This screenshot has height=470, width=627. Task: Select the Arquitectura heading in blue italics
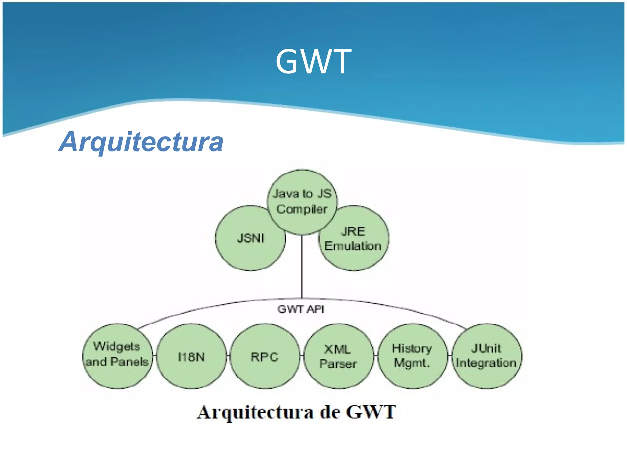pos(141,142)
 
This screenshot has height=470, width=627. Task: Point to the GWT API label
pos(301,309)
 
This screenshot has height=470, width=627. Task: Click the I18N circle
pos(191,357)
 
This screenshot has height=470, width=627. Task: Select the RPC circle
pos(265,357)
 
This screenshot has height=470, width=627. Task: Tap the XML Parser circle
pos(338,357)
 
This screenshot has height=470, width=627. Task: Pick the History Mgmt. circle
pos(412,356)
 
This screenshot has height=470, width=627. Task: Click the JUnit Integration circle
pos(486,356)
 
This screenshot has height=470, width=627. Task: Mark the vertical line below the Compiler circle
pos(302,266)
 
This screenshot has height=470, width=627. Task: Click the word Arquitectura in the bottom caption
pos(255,412)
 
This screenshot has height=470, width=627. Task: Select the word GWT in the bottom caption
pos(371,412)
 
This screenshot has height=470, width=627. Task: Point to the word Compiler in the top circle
pos(302,210)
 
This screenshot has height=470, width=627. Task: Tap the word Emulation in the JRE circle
pos(353,246)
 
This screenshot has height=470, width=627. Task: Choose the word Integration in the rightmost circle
pos(486,363)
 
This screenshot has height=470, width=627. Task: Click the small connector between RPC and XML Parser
pos(302,356)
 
